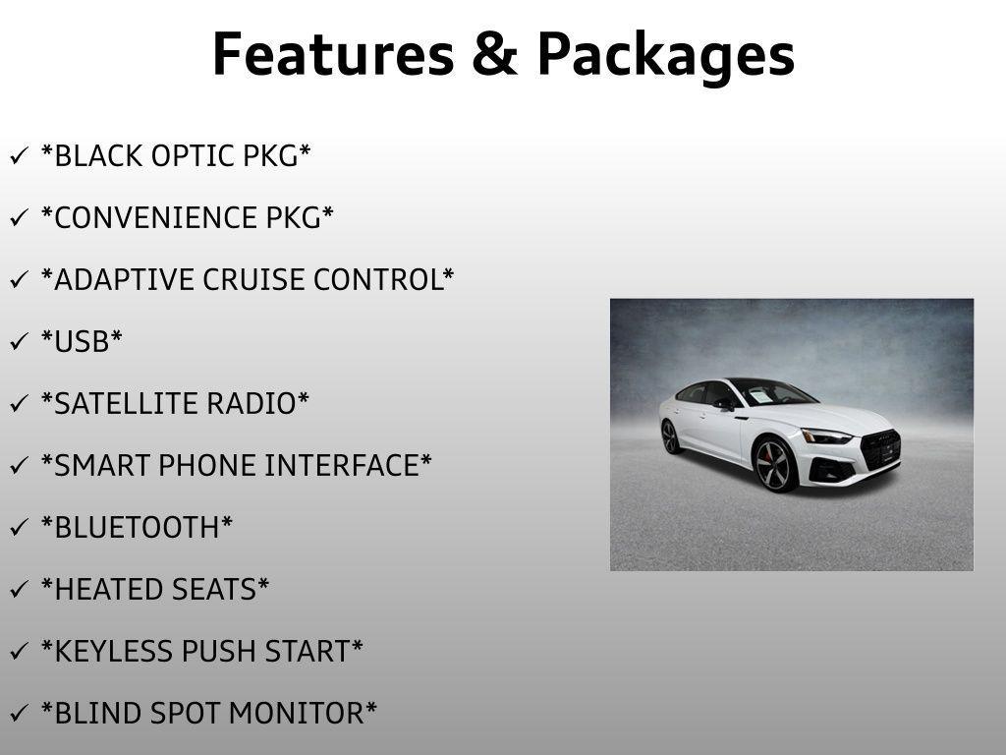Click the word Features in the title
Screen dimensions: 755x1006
pyautogui.click(x=332, y=54)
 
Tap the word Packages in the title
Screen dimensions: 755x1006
pyautogui.click(x=666, y=56)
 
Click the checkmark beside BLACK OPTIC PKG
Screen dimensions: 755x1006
pyautogui.click(x=19, y=156)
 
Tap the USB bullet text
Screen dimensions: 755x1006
pyautogui.click(x=82, y=342)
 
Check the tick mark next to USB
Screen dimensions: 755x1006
pyautogui.click(x=19, y=342)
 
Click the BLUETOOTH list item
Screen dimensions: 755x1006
pyautogui.click(x=137, y=528)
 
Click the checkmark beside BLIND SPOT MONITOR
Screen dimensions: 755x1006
pyautogui.click(x=19, y=714)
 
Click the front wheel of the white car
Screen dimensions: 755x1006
pyautogui.click(x=775, y=465)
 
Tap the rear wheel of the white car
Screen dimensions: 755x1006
pyautogui.click(x=671, y=436)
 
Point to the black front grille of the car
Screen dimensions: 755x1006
pyautogui.click(x=880, y=449)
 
